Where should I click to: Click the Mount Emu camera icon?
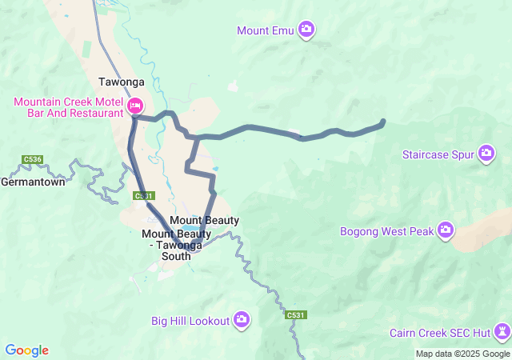click(x=306, y=30)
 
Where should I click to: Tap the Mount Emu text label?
click(x=266, y=30)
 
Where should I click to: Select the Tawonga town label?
click(x=121, y=82)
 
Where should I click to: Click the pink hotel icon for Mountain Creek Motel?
click(x=134, y=106)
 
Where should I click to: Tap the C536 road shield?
click(x=33, y=159)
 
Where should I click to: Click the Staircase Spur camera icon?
click(x=486, y=153)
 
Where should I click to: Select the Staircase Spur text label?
click(x=439, y=153)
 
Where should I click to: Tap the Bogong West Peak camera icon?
click(x=446, y=231)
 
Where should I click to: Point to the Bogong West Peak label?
click(x=386, y=232)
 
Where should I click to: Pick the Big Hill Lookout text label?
click(x=190, y=321)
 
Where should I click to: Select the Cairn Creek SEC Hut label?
click(x=439, y=333)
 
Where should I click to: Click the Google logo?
click(x=26, y=350)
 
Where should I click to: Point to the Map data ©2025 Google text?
click(x=462, y=354)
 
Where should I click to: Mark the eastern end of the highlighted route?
click(x=382, y=122)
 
